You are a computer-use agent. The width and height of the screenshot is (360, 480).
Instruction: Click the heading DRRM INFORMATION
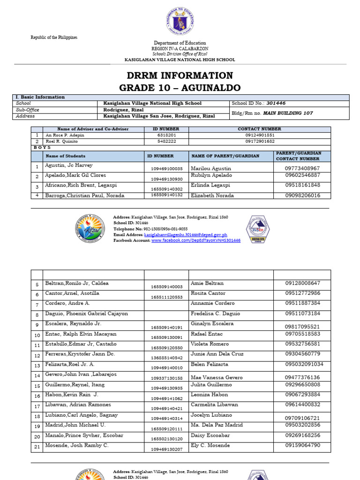180,76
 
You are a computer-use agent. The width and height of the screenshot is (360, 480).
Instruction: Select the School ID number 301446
277,103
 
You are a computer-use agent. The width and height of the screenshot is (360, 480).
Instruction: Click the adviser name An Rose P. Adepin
61,135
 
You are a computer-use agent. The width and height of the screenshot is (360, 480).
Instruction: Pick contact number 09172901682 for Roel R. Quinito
259,141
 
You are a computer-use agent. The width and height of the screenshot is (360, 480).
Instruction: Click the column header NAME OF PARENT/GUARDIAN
225,156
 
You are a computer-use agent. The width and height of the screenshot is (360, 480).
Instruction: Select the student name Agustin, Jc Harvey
69,165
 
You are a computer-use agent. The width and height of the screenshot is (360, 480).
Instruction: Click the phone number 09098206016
302,195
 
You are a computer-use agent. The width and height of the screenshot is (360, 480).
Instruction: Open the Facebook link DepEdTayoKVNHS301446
195,240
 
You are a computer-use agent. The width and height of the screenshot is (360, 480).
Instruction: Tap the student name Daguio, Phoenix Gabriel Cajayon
86,314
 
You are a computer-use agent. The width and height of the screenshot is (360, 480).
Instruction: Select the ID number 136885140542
166,358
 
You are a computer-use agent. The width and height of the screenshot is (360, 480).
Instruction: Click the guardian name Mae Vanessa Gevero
217,377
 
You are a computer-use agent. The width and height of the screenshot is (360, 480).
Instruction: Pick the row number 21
37,446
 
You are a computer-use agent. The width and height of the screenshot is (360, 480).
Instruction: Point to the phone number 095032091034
304,364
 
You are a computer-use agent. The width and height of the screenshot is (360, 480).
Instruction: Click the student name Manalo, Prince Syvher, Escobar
84,435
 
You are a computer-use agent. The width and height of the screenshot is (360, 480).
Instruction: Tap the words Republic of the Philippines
54,37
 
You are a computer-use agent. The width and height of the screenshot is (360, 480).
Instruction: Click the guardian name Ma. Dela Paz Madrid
217,425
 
